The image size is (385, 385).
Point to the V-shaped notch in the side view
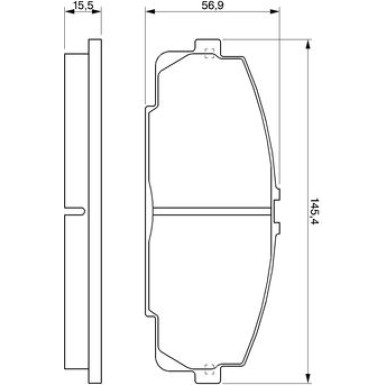(76, 209)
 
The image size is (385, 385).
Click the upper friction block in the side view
(73, 130)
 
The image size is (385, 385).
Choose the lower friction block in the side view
(73, 290)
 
